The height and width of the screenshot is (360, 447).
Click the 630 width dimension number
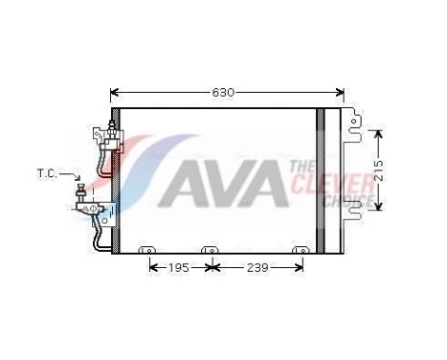223,92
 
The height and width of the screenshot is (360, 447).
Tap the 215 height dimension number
379,171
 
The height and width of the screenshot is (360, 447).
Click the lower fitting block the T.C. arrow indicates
87,203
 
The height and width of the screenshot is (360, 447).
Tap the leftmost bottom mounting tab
146,251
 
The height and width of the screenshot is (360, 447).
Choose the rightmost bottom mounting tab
300,251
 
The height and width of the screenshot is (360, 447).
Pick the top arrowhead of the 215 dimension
379,132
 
